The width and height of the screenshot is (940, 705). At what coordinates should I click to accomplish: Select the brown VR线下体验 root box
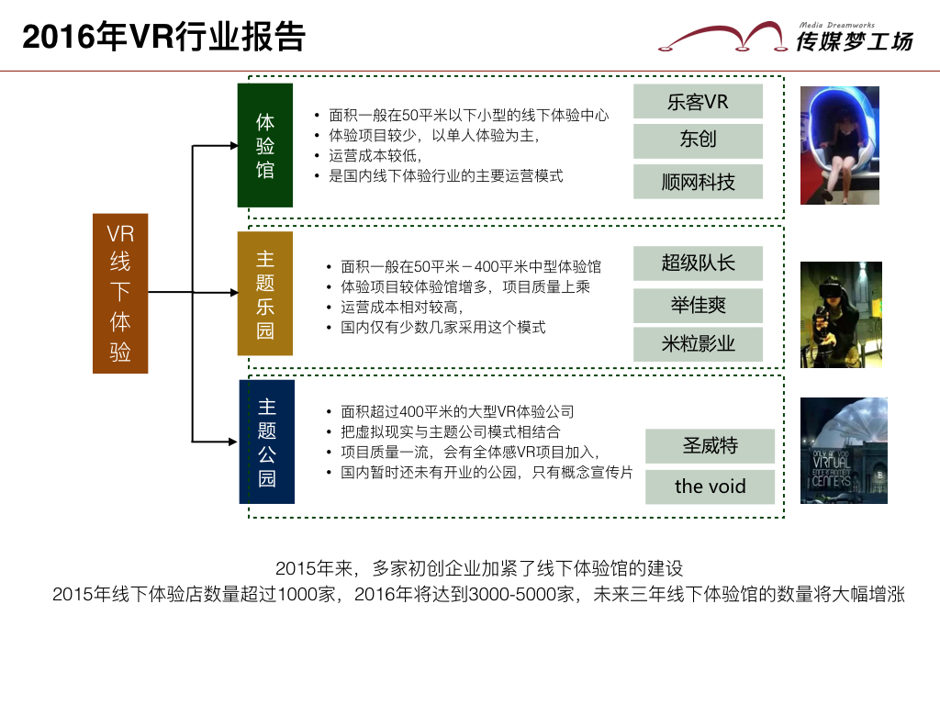pyautogui.click(x=120, y=294)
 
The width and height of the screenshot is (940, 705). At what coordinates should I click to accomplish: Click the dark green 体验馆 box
pyautogui.click(x=265, y=145)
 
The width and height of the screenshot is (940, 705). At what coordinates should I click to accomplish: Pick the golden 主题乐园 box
pyautogui.click(x=265, y=294)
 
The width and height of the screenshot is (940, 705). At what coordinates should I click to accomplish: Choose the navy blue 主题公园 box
pyautogui.click(x=267, y=442)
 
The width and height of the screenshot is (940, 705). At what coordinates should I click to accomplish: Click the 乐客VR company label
pyautogui.click(x=698, y=102)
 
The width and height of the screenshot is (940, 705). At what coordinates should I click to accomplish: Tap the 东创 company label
pyautogui.click(x=698, y=140)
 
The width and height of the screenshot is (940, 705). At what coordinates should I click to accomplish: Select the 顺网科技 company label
pyautogui.click(x=698, y=182)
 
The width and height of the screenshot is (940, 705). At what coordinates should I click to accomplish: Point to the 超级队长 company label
pyautogui.click(x=698, y=263)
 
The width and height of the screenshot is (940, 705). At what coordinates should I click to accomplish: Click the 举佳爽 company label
pyautogui.click(x=698, y=304)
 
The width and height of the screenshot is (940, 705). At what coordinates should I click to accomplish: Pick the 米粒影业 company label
pyautogui.click(x=698, y=344)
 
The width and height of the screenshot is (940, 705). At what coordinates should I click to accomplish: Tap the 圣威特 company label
pyautogui.click(x=710, y=446)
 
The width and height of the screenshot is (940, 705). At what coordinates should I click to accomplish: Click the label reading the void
pyautogui.click(x=710, y=487)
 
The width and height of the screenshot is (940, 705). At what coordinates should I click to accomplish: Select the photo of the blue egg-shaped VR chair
pyautogui.click(x=839, y=145)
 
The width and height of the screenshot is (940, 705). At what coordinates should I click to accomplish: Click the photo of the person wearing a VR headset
pyautogui.click(x=841, y=315)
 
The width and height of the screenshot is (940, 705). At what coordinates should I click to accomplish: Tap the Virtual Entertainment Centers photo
pyautogui.click(x=843, y=450)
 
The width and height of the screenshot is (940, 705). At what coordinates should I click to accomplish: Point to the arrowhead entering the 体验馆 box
pyautogui.click(x=232, y=146)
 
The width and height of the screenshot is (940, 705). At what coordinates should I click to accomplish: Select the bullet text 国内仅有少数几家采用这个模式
pyautogui.click(x=443, y=327)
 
